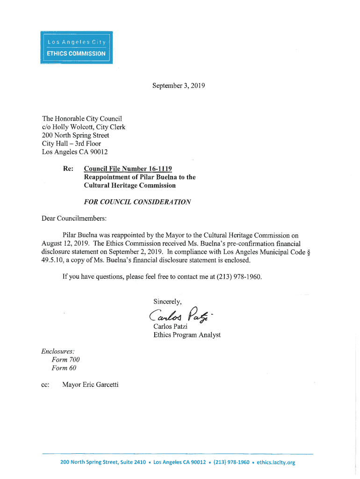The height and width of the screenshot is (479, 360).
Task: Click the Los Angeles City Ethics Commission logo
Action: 77,47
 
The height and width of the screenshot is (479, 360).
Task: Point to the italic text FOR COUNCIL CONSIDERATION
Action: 137,202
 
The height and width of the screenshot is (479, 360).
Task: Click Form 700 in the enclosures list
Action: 66,359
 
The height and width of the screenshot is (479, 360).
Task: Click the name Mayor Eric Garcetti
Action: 90,385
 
